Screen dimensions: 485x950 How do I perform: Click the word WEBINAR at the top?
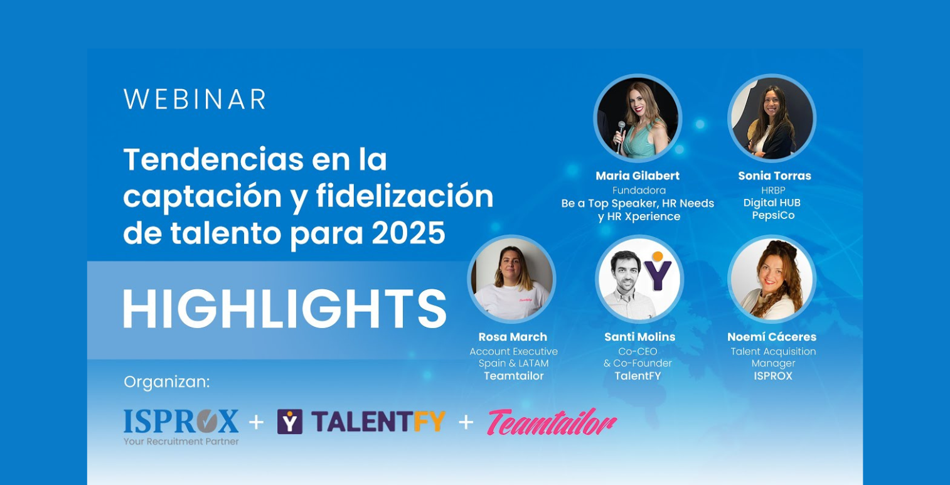click(x=195, y=100)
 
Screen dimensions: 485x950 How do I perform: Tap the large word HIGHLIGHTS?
click(x=284, y=309)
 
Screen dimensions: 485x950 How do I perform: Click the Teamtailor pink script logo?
click(x=552, y=422)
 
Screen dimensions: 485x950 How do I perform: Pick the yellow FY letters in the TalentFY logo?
click(x=430, y=422)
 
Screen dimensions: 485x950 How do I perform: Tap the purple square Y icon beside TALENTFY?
click(x=289, y=422)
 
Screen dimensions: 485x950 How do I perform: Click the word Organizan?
click(x=167, y=382)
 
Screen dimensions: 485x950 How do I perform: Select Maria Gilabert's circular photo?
click(x=638, y=119)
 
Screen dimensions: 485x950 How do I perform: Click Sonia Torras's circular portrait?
click(x=772, y=119)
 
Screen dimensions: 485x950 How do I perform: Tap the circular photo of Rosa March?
click(x=511, y=279)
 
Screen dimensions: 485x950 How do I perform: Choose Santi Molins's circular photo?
click(x=639, y=279)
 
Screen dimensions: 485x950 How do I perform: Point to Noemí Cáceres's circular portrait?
click(x=772, y=279)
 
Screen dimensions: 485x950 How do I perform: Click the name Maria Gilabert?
click(x=638, y=176)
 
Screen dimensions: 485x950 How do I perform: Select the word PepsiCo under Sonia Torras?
click(x=773, y=216)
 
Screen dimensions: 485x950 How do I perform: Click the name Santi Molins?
click(x=639, y=337)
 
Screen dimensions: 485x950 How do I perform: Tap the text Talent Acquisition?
click(x=773, y=351)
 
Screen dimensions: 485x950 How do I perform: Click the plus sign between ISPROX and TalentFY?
click(x=256, y=422)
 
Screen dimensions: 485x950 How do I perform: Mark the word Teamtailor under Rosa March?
click(x=513, y=376)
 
